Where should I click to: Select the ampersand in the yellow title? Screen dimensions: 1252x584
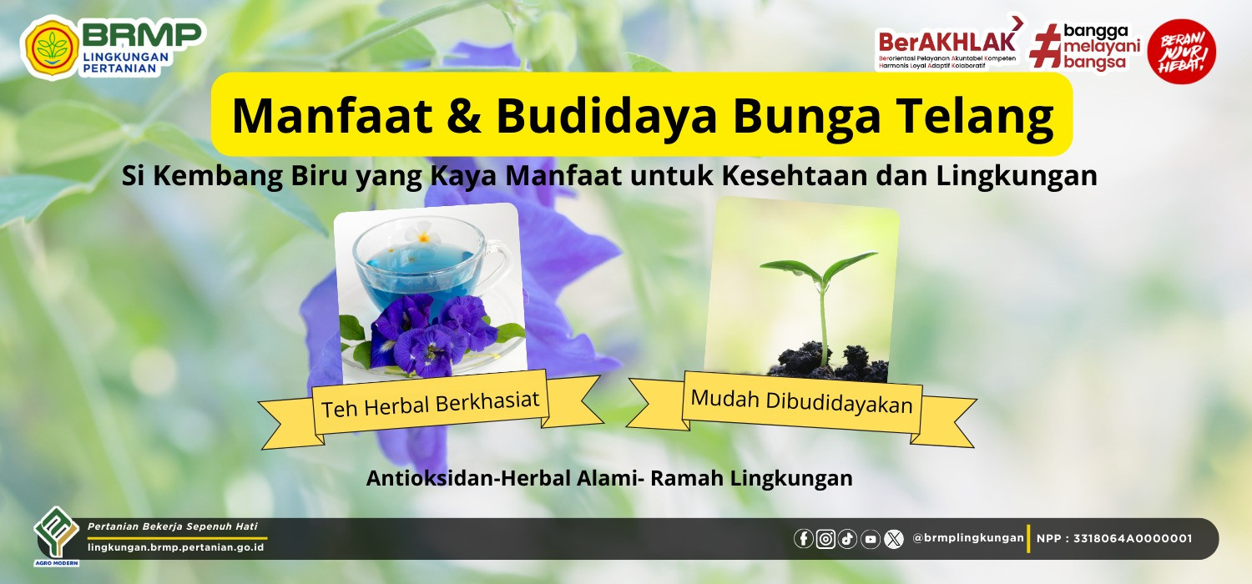pos(463,115)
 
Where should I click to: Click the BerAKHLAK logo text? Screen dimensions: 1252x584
pos(947,42)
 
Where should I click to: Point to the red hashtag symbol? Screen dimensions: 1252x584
pos(1045,46)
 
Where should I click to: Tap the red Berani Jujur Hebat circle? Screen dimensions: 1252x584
pos(1182,52)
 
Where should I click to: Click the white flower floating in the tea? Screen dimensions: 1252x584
pos(422,234)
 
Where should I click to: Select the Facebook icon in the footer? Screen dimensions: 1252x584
pos(804,539)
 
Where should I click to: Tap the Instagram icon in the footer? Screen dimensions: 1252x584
pos(825,539)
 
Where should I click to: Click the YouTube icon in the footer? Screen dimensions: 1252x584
pos(871,539)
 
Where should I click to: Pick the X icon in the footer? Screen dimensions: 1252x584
pos(894,539)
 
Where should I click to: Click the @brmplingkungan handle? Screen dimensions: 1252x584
pos(967,537)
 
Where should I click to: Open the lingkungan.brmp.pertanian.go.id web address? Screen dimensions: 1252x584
pos(175,547)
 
